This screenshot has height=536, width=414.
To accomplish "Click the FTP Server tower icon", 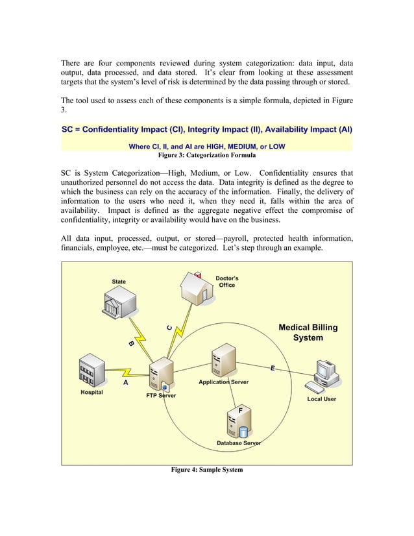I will pos(157,376).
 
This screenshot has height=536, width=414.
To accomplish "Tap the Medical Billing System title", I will pos(308,333).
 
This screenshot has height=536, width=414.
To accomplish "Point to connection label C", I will pos(169,328).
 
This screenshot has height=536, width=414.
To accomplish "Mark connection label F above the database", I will pos(240,411).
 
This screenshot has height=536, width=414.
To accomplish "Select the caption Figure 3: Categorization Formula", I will pos(206,156).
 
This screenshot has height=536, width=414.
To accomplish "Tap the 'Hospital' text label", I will pos(91,393).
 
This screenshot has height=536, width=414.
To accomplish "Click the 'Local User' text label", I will pos(321,399).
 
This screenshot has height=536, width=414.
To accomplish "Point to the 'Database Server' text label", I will pos(238,443).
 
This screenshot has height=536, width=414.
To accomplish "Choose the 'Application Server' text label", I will pos(223,382).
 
